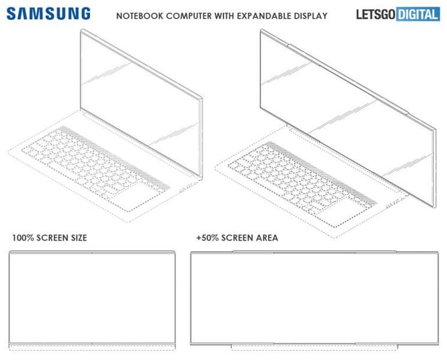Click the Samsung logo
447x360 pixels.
click(x=49, y=14)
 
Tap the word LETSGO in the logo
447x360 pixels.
click(x=376, y=14)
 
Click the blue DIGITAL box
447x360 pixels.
click(x=418, y=14)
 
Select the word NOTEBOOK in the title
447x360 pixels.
click(x=140, y=16)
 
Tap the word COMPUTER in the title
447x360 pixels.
click(x=189, y=16)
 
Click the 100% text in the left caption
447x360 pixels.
click(x=23, y=238)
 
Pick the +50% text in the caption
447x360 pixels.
click(x=207, y=238)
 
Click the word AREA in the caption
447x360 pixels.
click(x=267, y=238)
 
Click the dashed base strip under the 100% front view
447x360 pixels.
click(x=92, y=347)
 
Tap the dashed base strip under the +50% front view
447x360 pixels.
click(x=314, y=347)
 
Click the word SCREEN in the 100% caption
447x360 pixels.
click(x=50, y=238)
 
